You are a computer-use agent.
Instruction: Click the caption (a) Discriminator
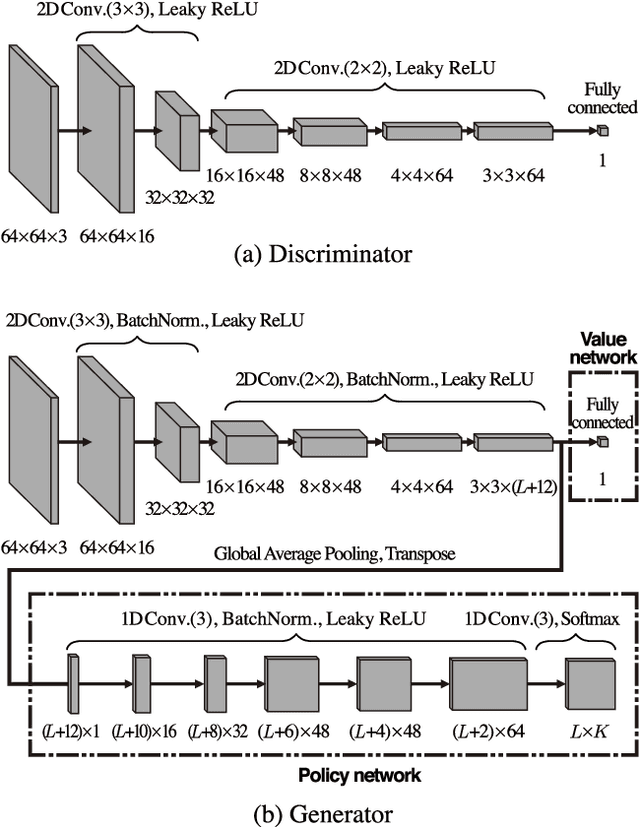(320, 253)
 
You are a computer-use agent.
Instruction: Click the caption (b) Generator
(320, 812)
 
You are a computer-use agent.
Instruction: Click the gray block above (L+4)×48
(385, 684)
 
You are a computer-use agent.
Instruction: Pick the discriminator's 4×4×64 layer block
(416, 130)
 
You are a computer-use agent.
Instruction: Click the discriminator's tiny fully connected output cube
(602, 130)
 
